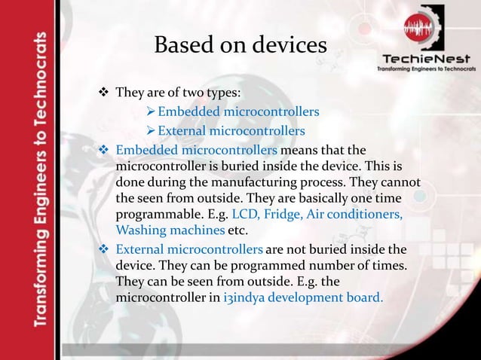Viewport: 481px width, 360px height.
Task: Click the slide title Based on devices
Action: click(x=240, y=46)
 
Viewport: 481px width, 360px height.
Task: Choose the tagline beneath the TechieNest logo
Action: click(x=426, y=69)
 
